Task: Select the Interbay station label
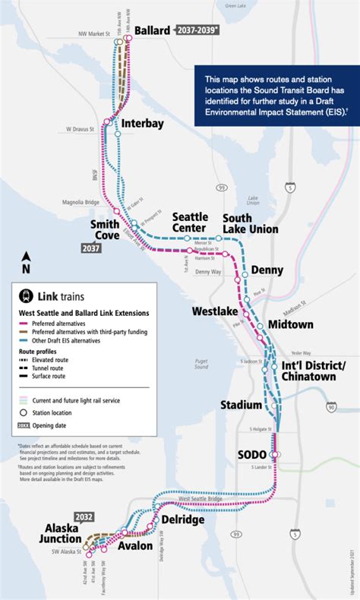click(x=143, y=124)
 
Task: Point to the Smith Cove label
click(x=104, y=230)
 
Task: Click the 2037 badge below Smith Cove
click(x=92, y=248)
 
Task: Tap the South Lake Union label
click(x=250, y=223)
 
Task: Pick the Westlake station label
click(x=215, y=311)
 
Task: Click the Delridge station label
click(x=182, y=519)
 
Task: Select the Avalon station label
click(x=134, y=545)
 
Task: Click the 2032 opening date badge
click(x=84, y=516)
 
